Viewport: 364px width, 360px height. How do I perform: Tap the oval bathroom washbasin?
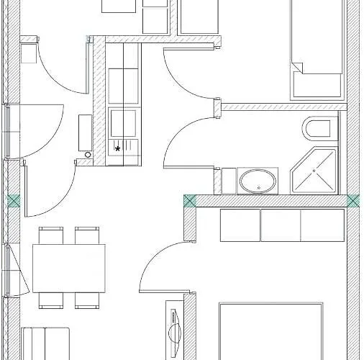[x=257, y=181]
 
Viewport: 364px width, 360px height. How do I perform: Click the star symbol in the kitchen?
[x=118, y=149]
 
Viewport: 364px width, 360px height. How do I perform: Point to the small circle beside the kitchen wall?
[x=88, y=154]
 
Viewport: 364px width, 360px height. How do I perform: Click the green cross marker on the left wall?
[x=13, y=202]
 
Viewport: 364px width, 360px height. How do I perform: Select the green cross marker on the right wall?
[x=352, y=201]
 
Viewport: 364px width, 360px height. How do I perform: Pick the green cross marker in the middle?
[x=189, y=201]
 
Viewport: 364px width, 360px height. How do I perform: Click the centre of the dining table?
[x=69, y=268]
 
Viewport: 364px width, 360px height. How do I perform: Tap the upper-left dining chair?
[x=51, y=235]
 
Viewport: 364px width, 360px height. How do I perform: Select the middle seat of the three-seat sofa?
[x=281, y=226]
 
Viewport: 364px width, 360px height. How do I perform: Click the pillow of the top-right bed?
[x=317, y=86]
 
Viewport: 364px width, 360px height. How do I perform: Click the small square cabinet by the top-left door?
[x=28, y=55]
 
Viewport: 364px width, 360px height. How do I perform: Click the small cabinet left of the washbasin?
[x=229, y=181]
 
